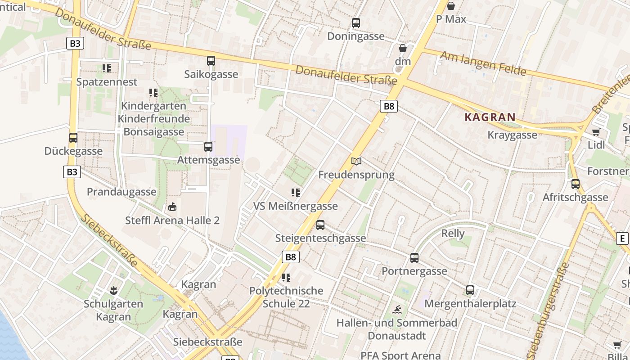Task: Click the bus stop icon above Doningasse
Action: (x=356, y=23)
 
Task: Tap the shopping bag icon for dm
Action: (x=403, y=48)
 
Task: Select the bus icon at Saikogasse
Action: (x=211, y=61)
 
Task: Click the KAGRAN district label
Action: (x=490, y=117)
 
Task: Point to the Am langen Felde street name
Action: (x=483, y=63)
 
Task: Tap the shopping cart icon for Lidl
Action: (x=596, y=132)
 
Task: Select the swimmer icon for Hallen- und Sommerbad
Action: (x=397, y=310)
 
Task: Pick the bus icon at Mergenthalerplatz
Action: (x=470, y=290)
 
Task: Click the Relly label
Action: (x=453, y=234)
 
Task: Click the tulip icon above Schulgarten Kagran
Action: (x=113, y=291)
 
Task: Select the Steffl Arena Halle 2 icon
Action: (x=172, y=207)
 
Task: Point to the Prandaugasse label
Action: (x=121, y=192)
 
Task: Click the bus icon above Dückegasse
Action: (x=73, y=138)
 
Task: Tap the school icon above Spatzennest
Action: (x=107, y=68)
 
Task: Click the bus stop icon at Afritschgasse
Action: (x=576, y=184)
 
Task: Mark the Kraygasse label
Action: (x=513, y=135)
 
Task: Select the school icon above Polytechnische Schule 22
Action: (x=286, y=278)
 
